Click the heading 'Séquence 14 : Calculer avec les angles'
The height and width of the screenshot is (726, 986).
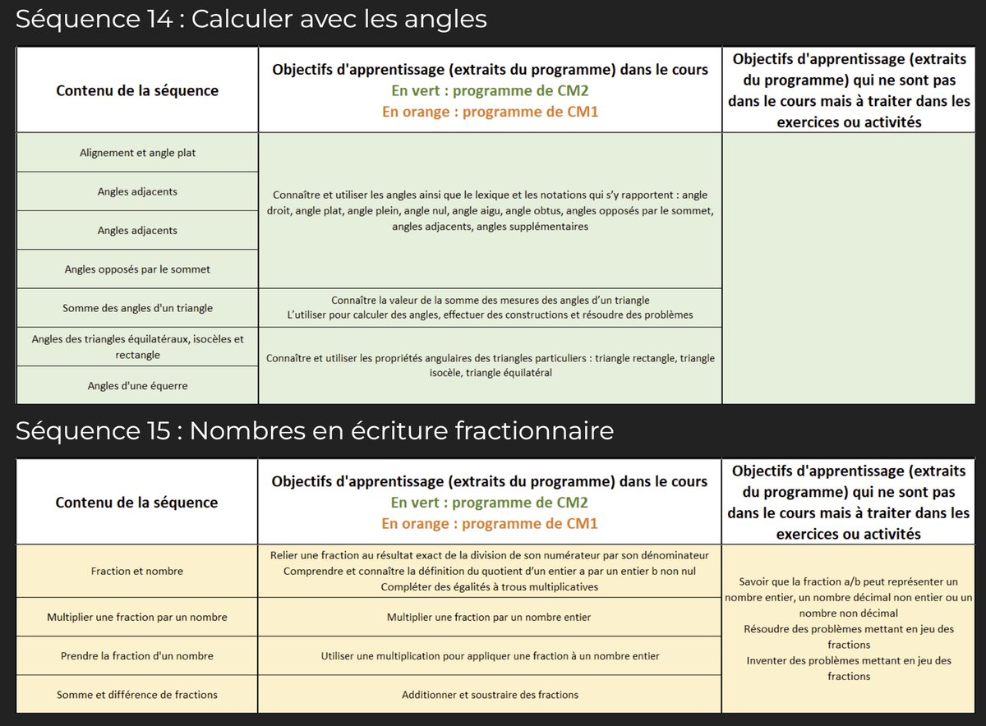tap(251, 19)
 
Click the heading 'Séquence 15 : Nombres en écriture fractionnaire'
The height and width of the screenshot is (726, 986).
tap(314, 430)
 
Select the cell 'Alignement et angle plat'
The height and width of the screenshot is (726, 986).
tap(137, 153)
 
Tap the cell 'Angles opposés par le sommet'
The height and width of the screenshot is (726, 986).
tap(137, 269)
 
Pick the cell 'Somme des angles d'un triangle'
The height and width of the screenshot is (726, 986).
tap(137, 308)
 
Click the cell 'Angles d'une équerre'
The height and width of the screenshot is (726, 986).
tap(137, 385)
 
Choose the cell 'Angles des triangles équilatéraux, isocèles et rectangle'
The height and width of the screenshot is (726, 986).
tap(137, 347)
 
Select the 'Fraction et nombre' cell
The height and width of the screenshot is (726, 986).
tap(137, 571)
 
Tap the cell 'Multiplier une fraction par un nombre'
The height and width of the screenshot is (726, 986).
tap(137, 617)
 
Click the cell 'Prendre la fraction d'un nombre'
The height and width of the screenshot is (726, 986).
tap(137, 656)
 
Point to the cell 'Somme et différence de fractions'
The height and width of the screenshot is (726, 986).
tap(137, 695)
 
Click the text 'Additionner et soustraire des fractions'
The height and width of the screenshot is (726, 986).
tap(490, 695)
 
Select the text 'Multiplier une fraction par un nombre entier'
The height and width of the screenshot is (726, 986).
tap(490, 617)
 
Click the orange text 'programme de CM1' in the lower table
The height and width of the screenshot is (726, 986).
tap(530, 523)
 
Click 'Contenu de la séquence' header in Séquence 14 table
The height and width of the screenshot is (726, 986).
tap(137, 90)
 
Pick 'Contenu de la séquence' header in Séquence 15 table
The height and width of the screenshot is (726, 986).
tap(137, 502)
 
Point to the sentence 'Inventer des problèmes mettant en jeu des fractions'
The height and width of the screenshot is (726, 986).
tap(849, 668)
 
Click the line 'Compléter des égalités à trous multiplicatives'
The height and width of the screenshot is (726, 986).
tap(490, 586)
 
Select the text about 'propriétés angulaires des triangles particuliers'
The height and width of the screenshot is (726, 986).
tap(490, 365)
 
